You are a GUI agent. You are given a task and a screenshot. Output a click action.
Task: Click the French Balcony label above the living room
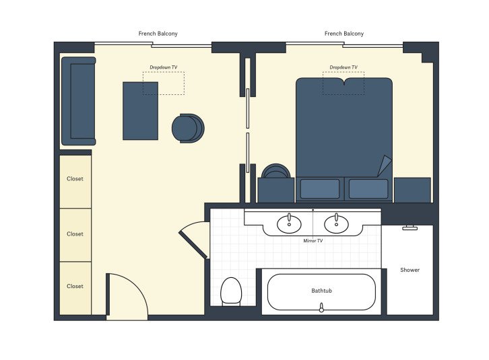click(x=158, y=34)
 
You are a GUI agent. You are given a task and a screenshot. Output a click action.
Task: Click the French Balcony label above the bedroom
click(x=344, y=34)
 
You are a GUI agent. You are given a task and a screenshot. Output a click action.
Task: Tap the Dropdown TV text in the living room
click(x=164, y=67)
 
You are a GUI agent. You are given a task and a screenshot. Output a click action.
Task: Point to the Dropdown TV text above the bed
click(x=344, y=67)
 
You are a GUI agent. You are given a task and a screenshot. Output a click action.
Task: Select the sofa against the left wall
click(x=79, y=102)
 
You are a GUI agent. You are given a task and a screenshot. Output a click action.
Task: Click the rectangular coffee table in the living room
click(x=140, y=111)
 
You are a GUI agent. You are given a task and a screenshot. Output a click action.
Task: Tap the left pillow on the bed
click(x=320, y=188)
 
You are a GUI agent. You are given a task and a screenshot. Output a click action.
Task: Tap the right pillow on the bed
click(x=368, y=188)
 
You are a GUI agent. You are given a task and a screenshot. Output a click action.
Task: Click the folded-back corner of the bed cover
click(x=385, y=166)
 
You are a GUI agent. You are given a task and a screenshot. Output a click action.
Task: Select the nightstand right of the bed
click(x=412, y=190)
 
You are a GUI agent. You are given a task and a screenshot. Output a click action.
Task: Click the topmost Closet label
click(x=75, y=179)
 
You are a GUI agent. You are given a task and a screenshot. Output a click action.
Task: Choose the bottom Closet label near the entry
click(x=75, y=286)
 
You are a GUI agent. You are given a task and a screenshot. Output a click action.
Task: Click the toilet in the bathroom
click(x=231, y=291)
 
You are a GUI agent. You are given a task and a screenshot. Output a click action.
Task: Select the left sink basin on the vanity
click(x=290, y=223)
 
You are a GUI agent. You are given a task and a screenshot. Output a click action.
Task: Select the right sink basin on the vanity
click(x=336, y=223)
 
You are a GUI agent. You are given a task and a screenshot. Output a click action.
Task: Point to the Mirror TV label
click(x=313, y=240)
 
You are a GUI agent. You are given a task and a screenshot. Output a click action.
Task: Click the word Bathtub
click(x=321, y=291)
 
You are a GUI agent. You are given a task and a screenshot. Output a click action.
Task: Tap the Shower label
click(x=410, y=270)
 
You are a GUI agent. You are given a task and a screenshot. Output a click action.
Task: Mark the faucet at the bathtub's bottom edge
click(x=321, y=308)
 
